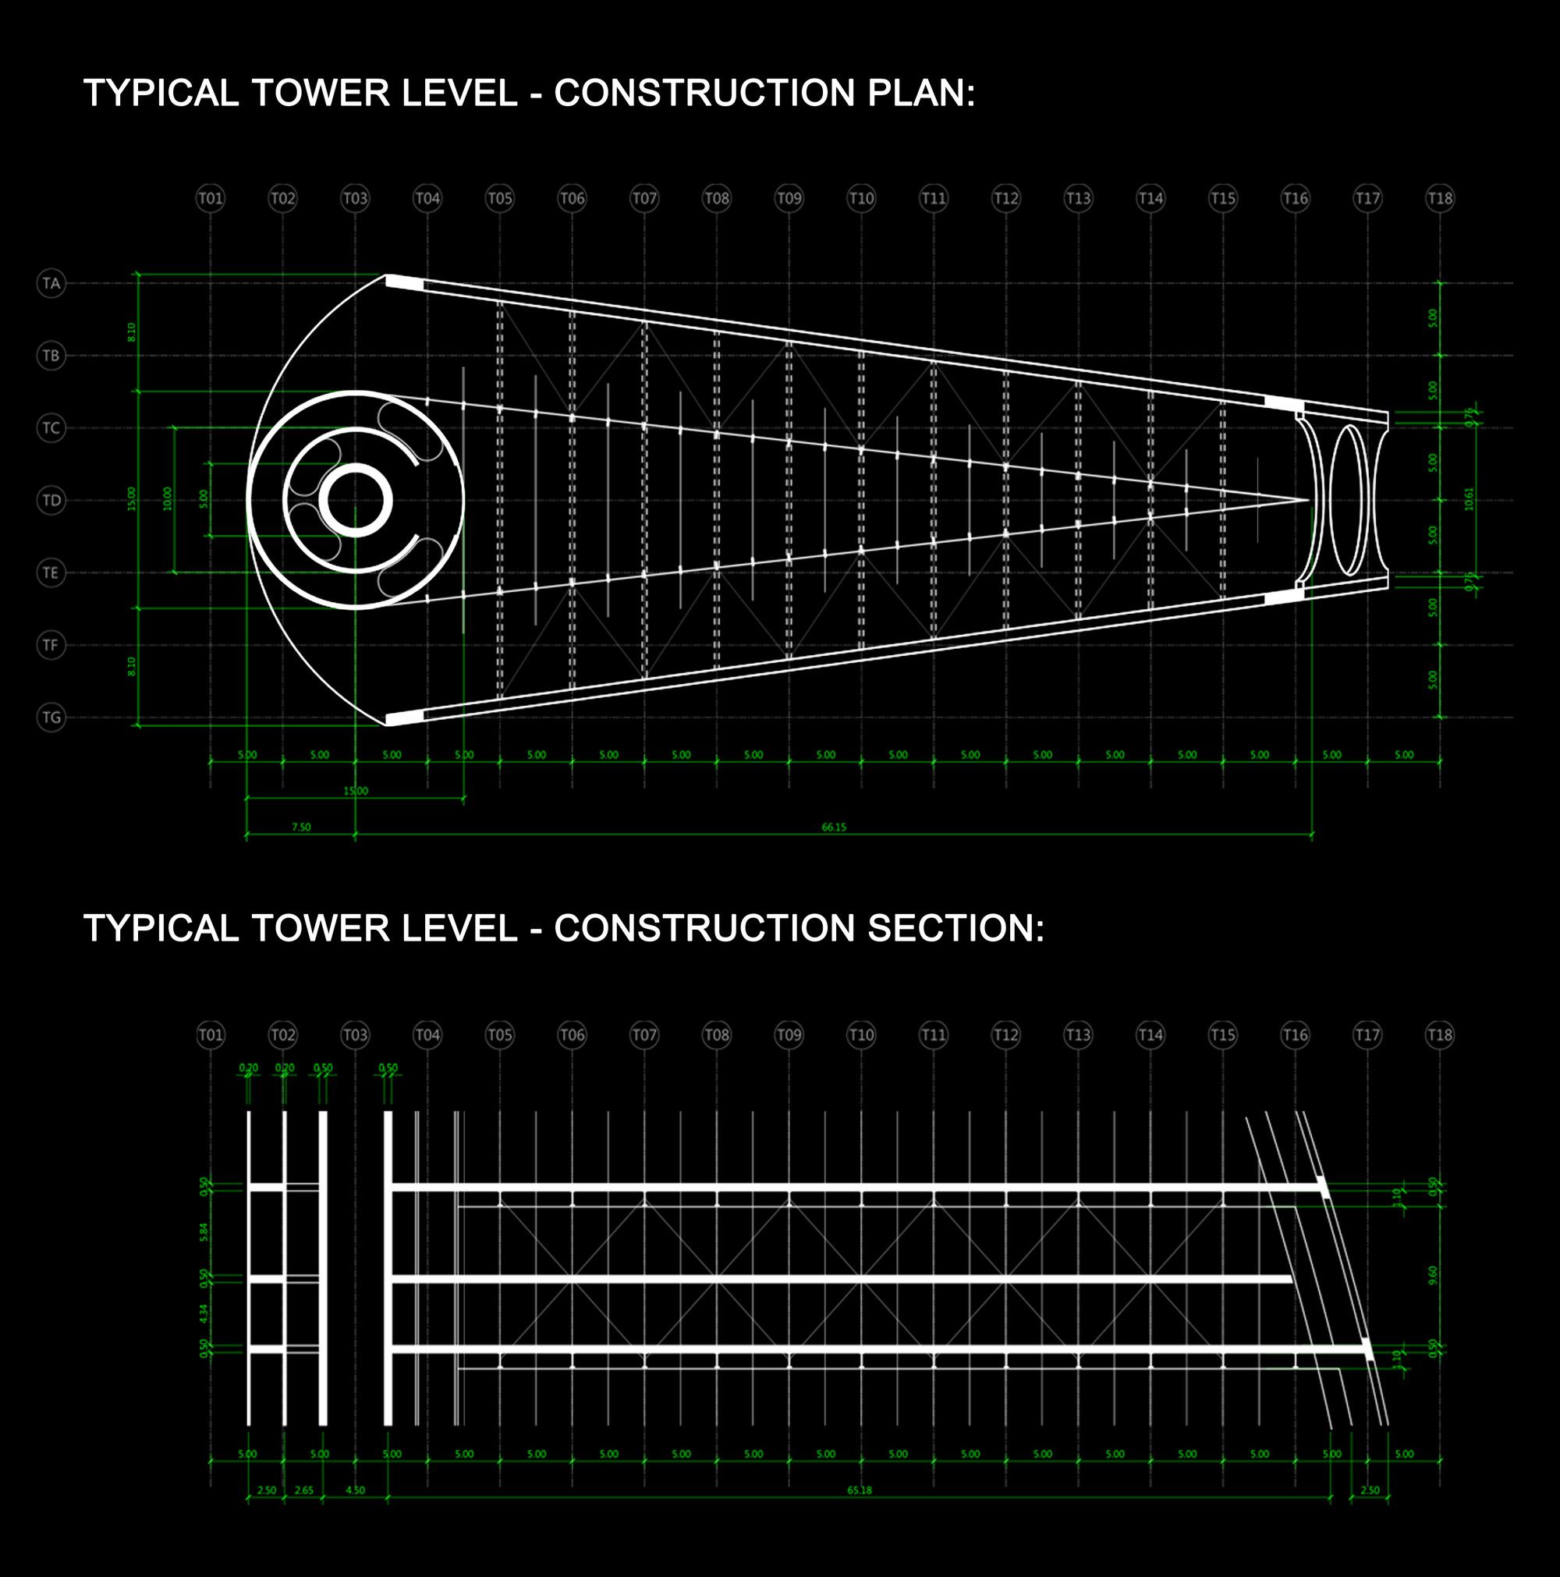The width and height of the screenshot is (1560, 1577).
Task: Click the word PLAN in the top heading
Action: pyautogui.click(x=919, y=93)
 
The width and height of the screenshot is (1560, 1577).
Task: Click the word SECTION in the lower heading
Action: pyautogui.click(x=955, y=928)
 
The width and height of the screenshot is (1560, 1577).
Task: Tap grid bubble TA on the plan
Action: pyautogui.click(x=51, y=283)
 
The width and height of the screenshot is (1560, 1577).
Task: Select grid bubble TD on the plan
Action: pyautogui.click(x=51, y=501)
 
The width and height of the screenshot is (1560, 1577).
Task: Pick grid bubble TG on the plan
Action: pyautogui.click(x=51, y=718)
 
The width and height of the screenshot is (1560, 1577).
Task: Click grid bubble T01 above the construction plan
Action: pyautogui.click(x=211, y=198)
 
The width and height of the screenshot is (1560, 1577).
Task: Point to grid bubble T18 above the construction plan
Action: pyautogui.click(x=1440, y=198)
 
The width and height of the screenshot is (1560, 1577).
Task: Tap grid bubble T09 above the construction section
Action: pyautogui.click(x=789, y=1035)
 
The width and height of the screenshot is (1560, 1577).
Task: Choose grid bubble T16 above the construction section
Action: pyautogui.click(x=1295, y=1035)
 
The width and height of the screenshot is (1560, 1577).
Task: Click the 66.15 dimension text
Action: pyautogui.click(x=834, y=827)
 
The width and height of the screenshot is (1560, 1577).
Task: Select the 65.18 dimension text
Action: pyautogui.click(x=859, y=1490)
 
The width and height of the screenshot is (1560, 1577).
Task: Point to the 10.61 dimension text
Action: pyautogui.click(x=1470, y=498)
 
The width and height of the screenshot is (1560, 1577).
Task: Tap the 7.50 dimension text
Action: pyautogui.click(x=301, y=827)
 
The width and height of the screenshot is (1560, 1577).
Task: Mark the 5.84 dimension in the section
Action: pyautogui.click(x=204, y=1231)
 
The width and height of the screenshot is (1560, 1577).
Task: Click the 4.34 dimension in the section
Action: pyautogui.click(x=204, y=1313)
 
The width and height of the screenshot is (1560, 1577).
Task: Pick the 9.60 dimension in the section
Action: pyautogui.click(x=1433, y=1275)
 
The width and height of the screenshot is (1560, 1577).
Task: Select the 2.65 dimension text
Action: pyautogui.click(x=303, y=1490)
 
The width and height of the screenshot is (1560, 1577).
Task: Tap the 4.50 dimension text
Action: pyautogui.click(x=355, y=1490)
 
